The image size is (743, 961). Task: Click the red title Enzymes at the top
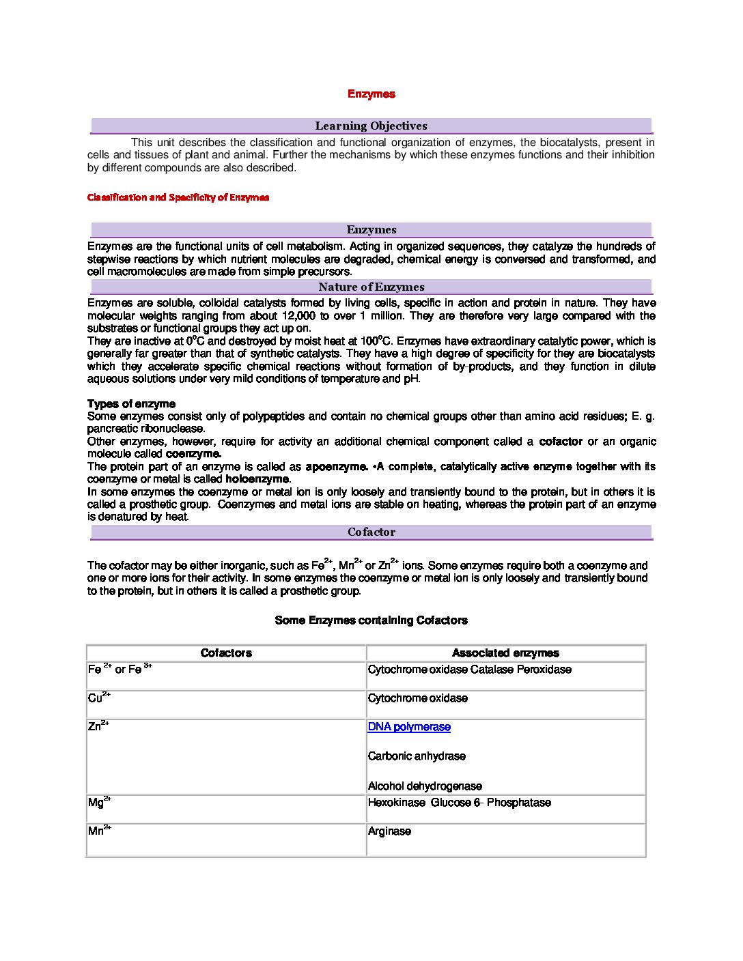371,94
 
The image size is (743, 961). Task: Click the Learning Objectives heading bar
371,126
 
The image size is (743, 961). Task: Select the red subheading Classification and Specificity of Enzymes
178,197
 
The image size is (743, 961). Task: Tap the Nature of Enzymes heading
371,287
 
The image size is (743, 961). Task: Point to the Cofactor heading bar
371,532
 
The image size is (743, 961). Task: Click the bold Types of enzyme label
131,403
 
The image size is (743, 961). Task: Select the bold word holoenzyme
257,479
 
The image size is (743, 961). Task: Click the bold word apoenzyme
336,467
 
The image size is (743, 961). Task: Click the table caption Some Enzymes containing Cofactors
371,620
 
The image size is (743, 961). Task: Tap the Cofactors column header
226,653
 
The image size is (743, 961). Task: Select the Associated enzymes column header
505,653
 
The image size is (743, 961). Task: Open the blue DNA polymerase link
409,727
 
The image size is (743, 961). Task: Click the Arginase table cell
389,831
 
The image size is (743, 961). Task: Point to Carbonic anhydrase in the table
417,756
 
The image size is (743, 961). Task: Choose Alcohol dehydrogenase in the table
425,786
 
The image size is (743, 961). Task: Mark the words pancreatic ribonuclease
145,429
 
